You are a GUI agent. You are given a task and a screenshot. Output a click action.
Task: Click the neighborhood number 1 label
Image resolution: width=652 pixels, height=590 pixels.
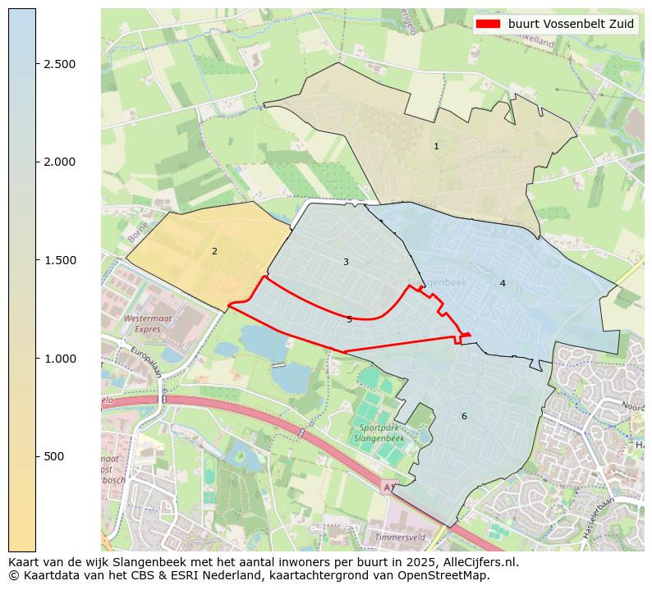436,146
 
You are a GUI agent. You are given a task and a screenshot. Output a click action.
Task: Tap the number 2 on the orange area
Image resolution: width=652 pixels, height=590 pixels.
214,251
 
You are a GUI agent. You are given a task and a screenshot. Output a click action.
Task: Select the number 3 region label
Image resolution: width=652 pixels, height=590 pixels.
346,262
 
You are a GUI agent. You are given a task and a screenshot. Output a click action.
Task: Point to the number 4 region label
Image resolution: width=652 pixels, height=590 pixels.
503,283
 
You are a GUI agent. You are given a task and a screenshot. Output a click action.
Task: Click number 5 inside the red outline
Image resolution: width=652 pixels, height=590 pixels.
349,319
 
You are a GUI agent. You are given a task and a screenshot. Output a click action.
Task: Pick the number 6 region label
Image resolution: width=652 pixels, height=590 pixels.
464,416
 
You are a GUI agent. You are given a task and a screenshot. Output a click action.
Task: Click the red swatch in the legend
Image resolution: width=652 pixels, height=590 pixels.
489,24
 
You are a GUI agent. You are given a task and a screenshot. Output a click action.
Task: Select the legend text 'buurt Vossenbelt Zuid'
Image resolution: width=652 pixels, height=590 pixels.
571,24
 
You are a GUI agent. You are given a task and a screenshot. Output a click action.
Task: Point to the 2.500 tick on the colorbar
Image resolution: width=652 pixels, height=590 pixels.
59,64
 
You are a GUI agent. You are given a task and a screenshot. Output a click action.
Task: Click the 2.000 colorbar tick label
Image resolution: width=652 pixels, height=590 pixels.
59,162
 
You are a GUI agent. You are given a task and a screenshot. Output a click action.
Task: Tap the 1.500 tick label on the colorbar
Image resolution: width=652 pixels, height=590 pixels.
59,260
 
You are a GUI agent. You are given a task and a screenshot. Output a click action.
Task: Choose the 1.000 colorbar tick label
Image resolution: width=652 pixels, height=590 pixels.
59,359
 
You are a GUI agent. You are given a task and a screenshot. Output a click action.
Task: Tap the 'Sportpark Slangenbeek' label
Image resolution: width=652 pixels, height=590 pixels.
380,433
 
